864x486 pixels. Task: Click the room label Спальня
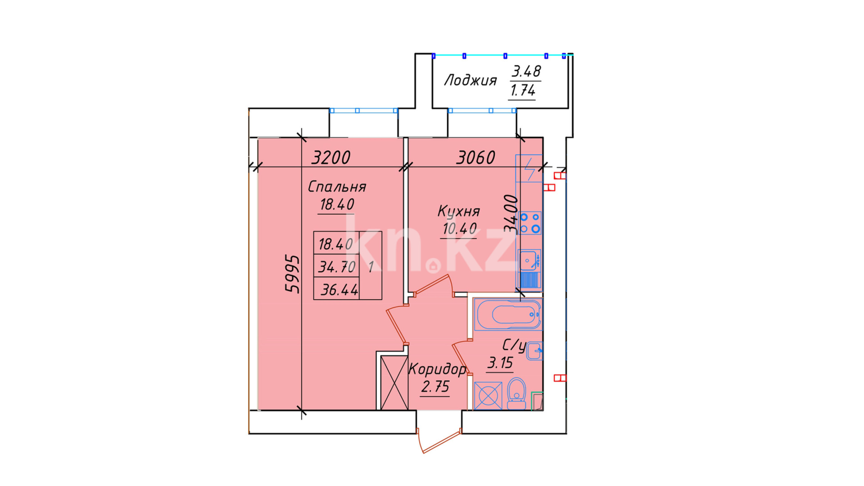(x=337, y=187)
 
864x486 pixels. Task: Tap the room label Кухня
(x=459, y=211)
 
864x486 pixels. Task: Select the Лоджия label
(x=470, y=81)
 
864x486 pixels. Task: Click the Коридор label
(x=437, y=369)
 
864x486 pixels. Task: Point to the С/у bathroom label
(x=514, y=346)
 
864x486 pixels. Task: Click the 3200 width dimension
(x=331, y=157)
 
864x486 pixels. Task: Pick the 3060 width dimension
(x=475, y=157)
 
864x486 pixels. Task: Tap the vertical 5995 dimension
(x=292, y=274)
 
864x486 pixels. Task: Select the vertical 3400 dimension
(x=511, y=213)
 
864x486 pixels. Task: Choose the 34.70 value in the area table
(x=337, y=267)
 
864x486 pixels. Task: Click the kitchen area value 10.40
(x=459, y=229)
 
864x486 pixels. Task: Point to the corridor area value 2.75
(x=435, y=387)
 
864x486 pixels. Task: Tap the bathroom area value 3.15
(x=500, y=363)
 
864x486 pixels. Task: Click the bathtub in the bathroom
(x=508, y=314)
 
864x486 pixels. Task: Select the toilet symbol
(x=516, y=393)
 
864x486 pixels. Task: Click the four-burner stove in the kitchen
(x=530, y=223)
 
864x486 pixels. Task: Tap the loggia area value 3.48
(x=526, y=72)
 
